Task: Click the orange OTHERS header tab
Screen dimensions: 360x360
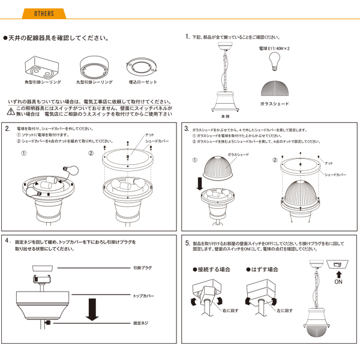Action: tap(44, 13)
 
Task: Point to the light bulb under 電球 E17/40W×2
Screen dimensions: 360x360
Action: tap(275, 59)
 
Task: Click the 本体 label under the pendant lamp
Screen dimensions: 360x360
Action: tap(225, 117)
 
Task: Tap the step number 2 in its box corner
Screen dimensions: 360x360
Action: tap(7, 128)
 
